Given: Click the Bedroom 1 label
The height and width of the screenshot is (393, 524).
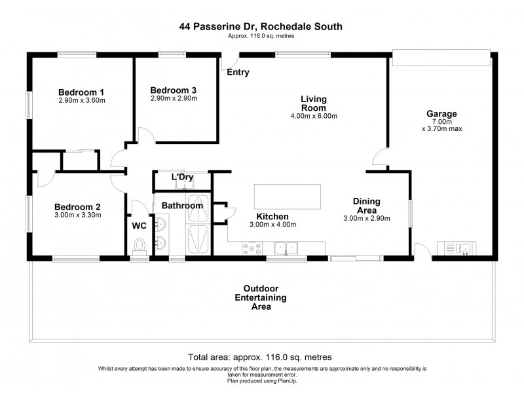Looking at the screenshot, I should click(81, 92).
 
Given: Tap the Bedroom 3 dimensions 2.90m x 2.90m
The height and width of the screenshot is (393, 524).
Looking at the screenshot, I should click(174, 99).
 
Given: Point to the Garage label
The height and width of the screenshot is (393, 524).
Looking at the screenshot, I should click(442, 113).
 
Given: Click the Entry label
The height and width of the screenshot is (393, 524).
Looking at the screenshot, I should click(238, 73).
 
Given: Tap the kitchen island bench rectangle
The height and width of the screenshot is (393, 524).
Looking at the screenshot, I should click(288, 195).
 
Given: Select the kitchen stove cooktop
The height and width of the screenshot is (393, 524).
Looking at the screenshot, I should click(252, 248).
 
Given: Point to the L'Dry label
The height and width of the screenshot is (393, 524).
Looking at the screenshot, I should click(182, 178).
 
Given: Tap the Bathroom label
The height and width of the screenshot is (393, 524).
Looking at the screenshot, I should click(182, 206).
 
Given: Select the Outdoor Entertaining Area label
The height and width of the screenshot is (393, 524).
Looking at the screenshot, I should click(261, 297).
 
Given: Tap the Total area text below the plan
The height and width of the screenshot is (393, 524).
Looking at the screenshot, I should click(259, 358).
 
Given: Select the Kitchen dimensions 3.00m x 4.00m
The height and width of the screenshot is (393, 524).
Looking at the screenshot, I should click(273, 225).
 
